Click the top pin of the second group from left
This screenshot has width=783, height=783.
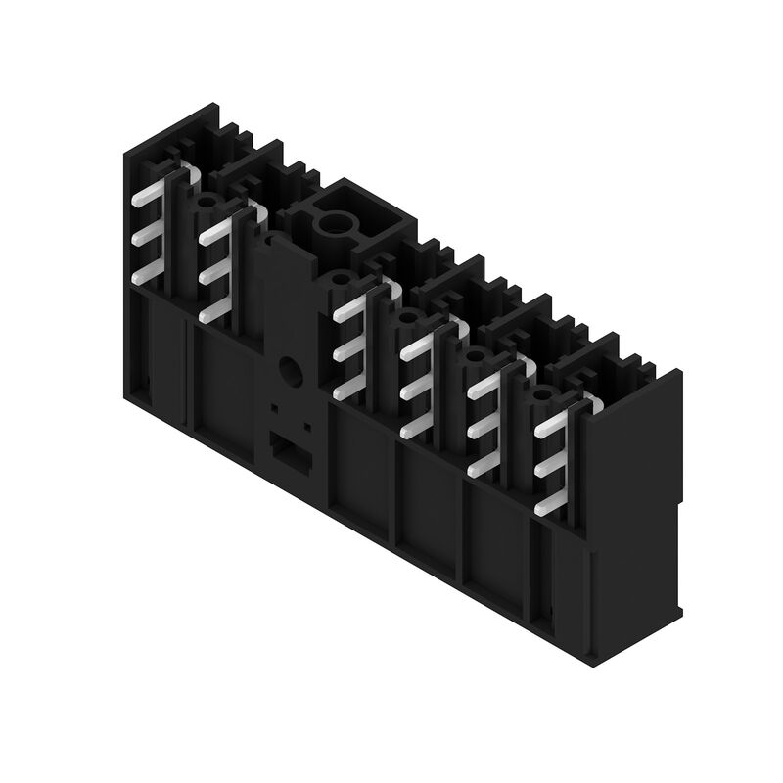pyautogui.click(x=212, y=233)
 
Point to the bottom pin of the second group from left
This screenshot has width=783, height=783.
pyautogui.click(x=212, y=311)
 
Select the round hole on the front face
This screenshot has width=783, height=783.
pyautogui.click(x=291, y=369)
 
